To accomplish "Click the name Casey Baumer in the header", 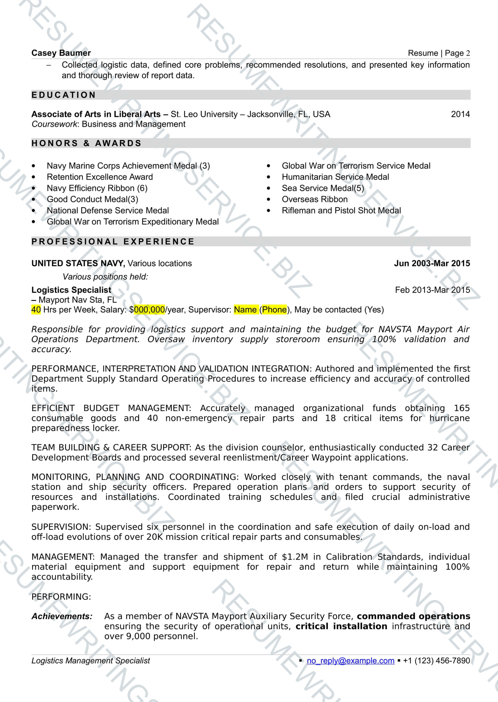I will pos(61,53).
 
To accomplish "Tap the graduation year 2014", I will pos(460,114).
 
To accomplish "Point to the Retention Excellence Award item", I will pos(100,177).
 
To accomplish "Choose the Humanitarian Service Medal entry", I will pos(335,177).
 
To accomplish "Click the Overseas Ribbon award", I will pos(315,199).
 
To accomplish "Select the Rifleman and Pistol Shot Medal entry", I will pos(341,211).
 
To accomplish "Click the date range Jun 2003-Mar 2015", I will pos(432,263).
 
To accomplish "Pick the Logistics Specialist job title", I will pos(71,290).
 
